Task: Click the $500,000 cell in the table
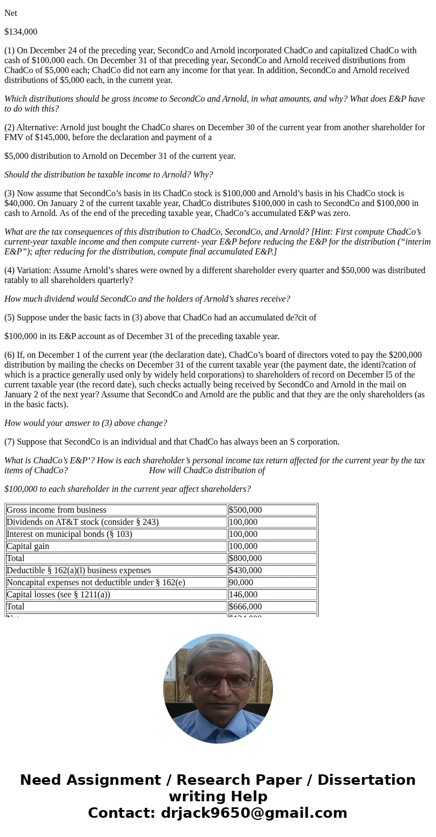click(x=245, y=510)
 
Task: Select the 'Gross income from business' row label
click(x=57, y=510)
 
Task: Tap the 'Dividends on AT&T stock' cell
click(x=82, y=522)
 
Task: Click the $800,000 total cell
click(x=245, y=558)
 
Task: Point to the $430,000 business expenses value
click(x=245, y=570)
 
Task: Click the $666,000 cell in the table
click(x=245, y=607)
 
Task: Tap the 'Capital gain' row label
click(x=28, y=546)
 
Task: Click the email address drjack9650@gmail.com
click(x=254, y=813)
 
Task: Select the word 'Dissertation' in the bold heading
click(x=366, y=780)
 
